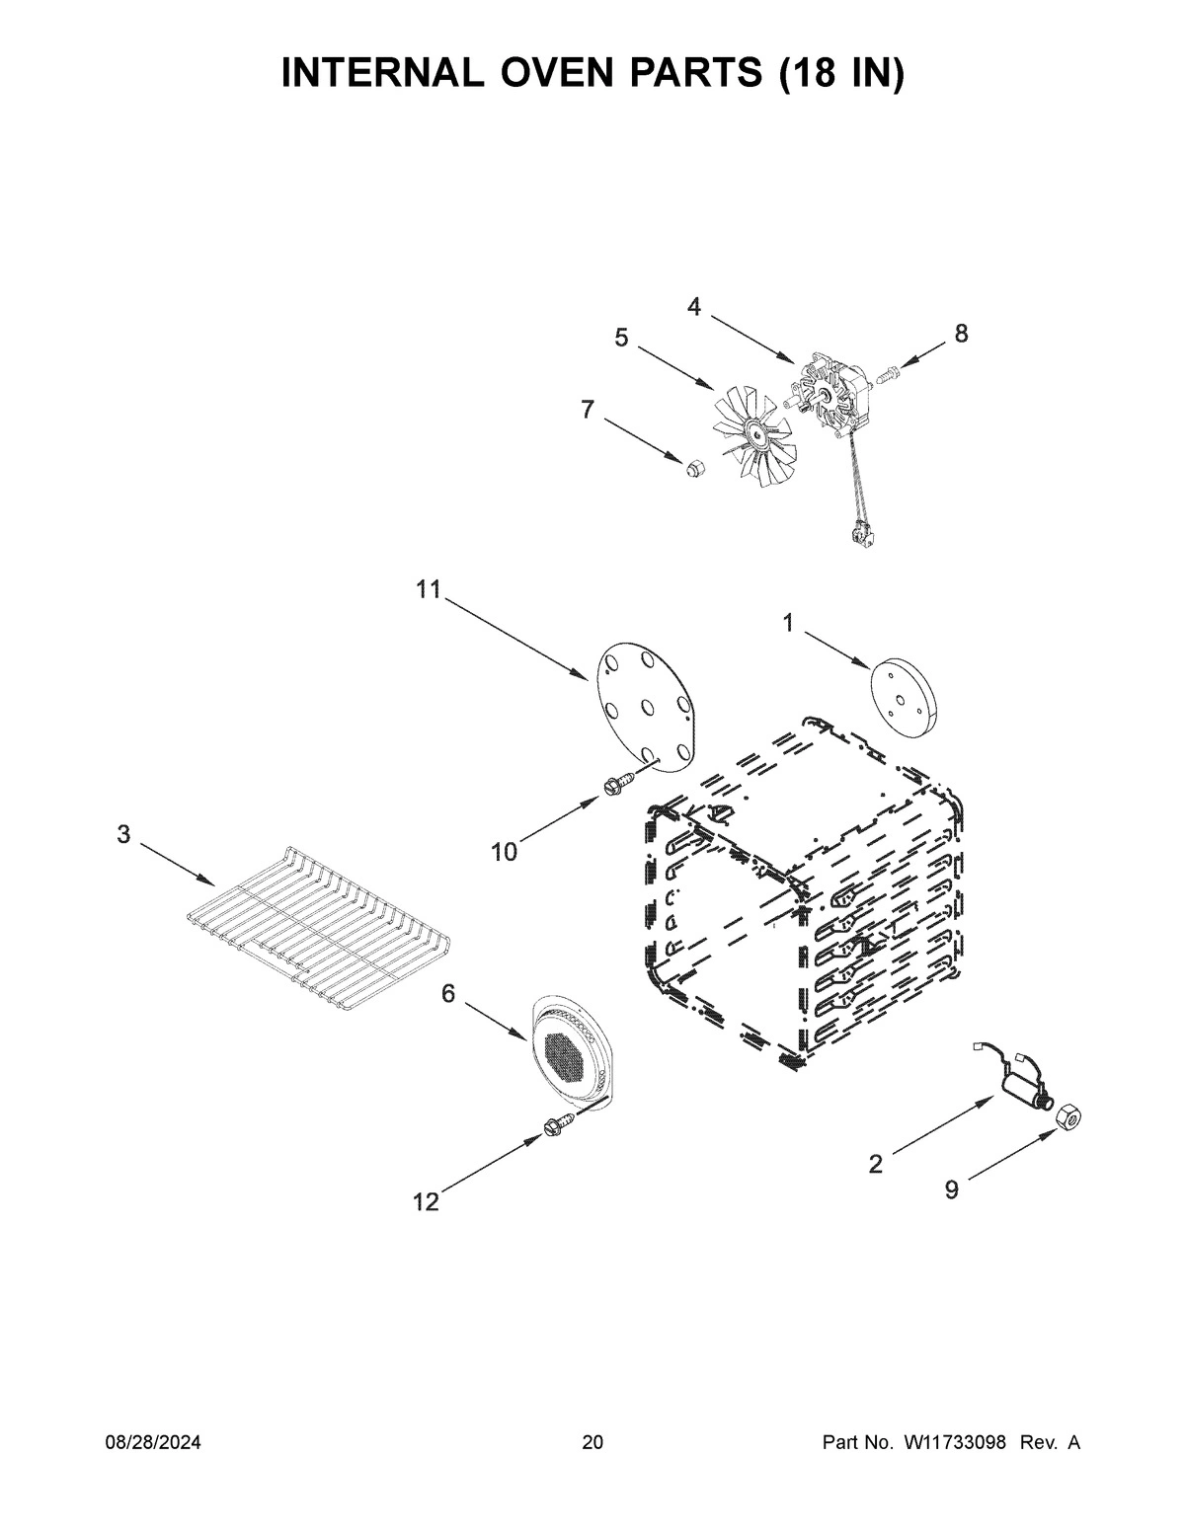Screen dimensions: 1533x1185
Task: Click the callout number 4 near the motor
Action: (694, 307)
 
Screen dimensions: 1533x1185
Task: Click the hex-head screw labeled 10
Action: (612, 785)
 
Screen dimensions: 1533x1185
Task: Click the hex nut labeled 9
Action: (1066, 1118)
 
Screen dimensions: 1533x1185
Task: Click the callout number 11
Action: (428, 590)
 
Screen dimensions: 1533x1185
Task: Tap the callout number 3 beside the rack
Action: (123, 834)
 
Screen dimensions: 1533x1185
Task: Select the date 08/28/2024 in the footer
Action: (153, 1443)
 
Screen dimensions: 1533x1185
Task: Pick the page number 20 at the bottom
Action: (592, 1443)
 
